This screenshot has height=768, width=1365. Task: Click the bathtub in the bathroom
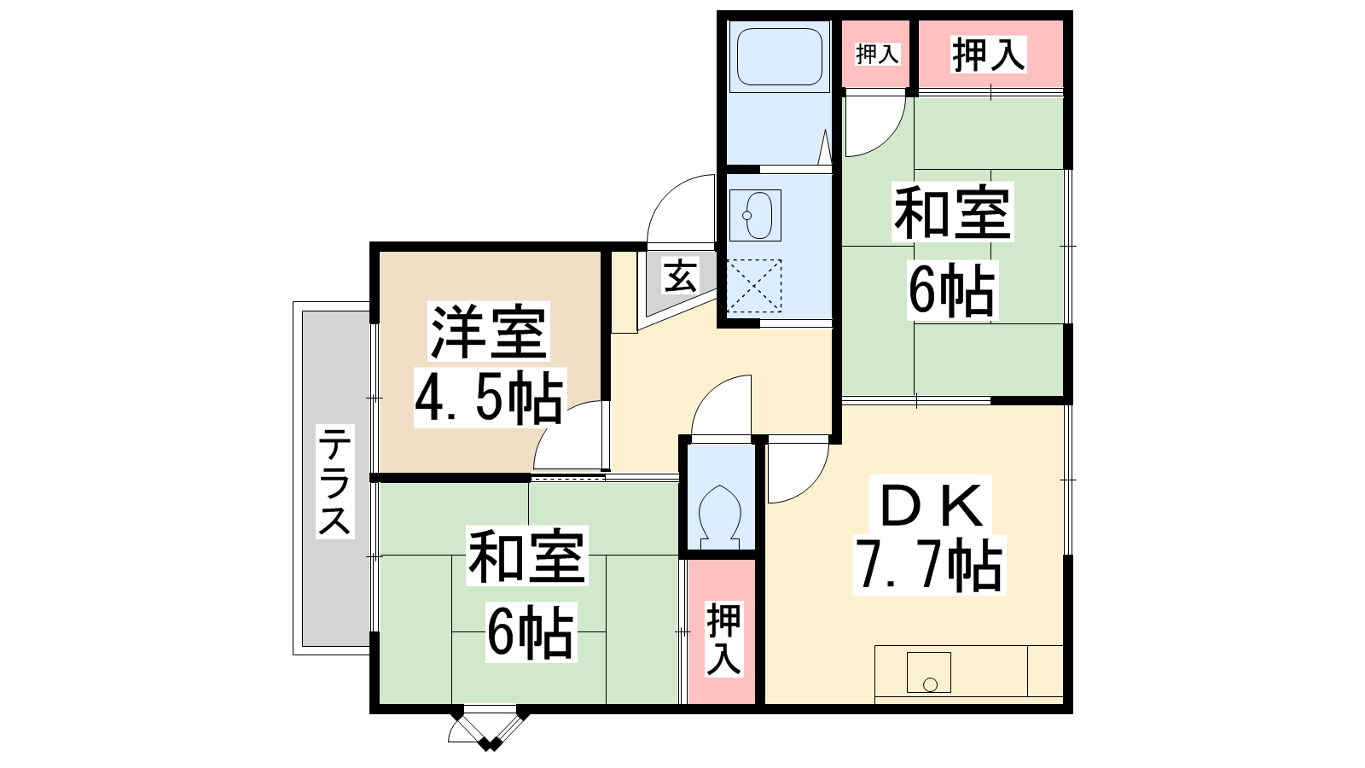click(780, 56)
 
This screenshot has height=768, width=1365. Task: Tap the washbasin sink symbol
click(756, 215)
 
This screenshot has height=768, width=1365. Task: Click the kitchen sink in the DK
click(929, 672)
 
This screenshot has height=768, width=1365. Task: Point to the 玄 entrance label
click(680, 276)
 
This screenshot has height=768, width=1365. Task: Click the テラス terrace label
click(334, 482)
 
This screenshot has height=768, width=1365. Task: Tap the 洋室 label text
click(488, 332)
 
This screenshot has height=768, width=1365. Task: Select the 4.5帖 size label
click(489, 397)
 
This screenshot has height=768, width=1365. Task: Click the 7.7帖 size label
click(929, 564)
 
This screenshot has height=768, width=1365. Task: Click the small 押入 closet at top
click(877, 55)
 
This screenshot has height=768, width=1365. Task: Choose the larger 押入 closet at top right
click(990, 55)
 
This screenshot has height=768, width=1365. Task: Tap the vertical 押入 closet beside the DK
click(723, 631)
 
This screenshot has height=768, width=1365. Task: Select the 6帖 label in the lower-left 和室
click(530, 632)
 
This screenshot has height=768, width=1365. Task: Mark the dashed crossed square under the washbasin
click(754, 286)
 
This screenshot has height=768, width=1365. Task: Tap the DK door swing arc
click(811, 486)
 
